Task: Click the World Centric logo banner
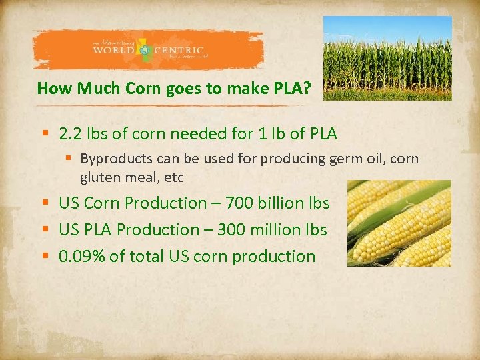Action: point(148,50)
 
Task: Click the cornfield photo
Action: point(387,58)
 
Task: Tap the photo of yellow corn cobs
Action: point(399,223)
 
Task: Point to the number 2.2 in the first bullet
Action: point(71,134)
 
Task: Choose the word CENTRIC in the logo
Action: point(181,51)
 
